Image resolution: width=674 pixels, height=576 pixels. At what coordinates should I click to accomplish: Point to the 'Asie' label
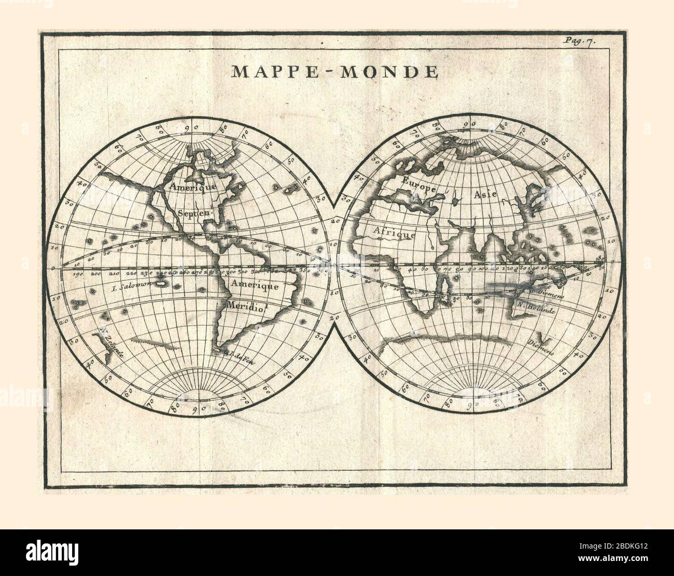tap(484, 194)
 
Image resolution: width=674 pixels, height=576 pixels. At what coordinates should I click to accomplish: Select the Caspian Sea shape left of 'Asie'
tap(455, 198)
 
